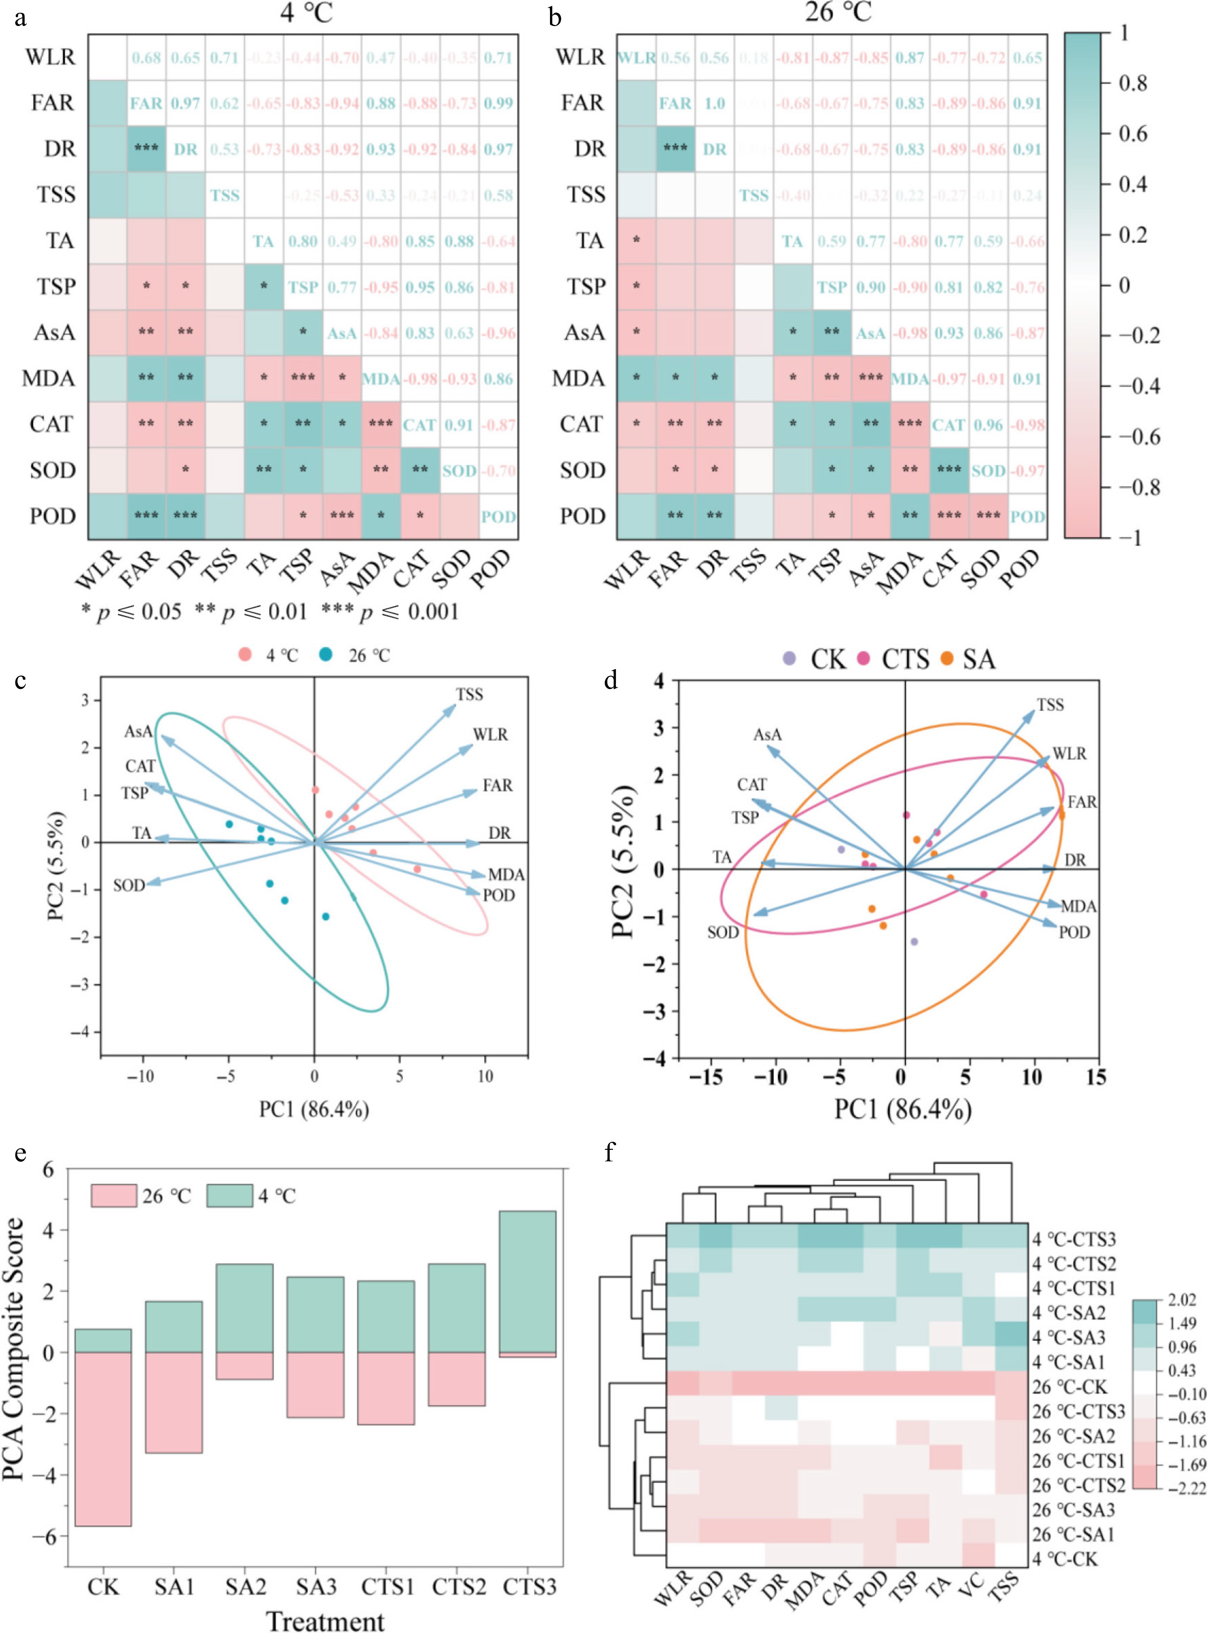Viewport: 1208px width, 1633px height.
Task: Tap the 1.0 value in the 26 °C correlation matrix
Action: pos(715,103)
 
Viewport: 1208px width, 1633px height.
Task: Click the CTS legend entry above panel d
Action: pos(896,659)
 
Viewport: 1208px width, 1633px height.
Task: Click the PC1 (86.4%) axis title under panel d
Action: pos(902,1110)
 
